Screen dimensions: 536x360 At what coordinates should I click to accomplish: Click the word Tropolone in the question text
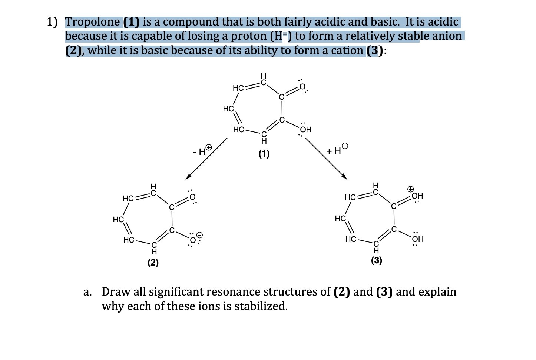point(92,22)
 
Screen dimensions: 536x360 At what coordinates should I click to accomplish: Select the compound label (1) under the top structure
point(264,154)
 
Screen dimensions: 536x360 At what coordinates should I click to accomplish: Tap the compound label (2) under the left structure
point(153,263)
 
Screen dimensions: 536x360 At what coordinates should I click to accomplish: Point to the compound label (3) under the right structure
point(376,260)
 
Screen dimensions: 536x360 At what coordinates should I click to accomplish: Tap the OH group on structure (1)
point(306,130)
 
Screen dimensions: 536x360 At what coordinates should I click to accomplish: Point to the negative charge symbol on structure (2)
point(199,235)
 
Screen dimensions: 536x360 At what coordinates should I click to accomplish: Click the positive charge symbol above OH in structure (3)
point(410,189)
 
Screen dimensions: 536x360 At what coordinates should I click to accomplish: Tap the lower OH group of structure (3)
point(417,239)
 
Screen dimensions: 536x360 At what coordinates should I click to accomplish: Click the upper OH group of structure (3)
point(417,196)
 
